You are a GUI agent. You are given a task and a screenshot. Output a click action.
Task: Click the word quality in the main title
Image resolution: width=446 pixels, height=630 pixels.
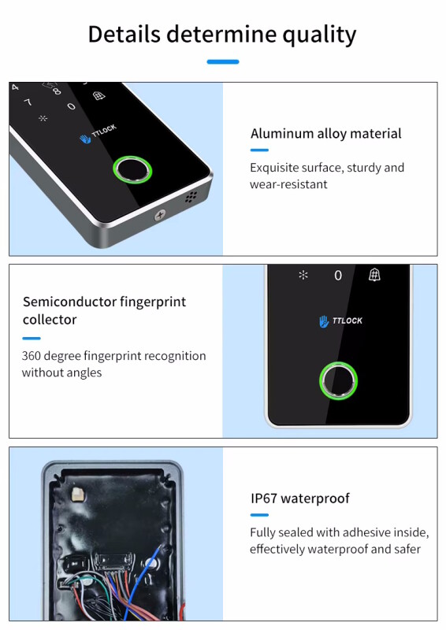[x=319, y=35]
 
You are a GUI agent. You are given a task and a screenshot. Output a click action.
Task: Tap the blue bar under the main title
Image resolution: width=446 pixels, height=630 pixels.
[x=223, y=62]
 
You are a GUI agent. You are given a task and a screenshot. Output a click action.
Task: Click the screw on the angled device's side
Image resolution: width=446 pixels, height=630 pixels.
[x=160, y=215]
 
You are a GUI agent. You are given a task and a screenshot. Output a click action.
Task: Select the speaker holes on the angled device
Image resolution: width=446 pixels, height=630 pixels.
[x=191, y=197]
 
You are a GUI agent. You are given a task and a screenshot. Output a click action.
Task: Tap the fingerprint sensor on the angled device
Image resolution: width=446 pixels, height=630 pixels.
[x=132, y=169]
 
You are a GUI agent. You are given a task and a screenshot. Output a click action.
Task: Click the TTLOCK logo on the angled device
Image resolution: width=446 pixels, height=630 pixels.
[x=98, y=134]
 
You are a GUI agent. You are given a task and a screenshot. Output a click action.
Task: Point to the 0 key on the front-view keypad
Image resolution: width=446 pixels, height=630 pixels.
[x=338, y=275]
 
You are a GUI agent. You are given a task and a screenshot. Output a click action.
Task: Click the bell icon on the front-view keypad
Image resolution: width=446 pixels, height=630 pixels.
[x=374, y=275]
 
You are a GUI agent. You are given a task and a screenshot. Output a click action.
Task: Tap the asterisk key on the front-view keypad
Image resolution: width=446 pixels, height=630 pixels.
[x=303, y=275]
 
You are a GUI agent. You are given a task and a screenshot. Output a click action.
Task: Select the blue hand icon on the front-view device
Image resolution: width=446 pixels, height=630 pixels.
[x=324, y=321]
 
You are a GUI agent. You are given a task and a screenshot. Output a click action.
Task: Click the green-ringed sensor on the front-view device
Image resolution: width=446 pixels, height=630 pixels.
[x=338, y=381]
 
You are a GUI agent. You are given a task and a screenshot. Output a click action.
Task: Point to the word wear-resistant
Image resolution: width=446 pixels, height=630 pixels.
[x=288, y=184]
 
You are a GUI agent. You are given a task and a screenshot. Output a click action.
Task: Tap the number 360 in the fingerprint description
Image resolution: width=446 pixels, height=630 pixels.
[x=31, y=356]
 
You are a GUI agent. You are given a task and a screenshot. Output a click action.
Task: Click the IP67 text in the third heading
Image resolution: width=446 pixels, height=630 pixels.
[x=264, y=498]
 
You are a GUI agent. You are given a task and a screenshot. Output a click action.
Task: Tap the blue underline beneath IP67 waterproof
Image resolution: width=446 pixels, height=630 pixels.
[x=259, y=515]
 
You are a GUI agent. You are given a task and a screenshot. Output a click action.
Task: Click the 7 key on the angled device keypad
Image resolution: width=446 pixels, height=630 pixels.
[x=28, y=102]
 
